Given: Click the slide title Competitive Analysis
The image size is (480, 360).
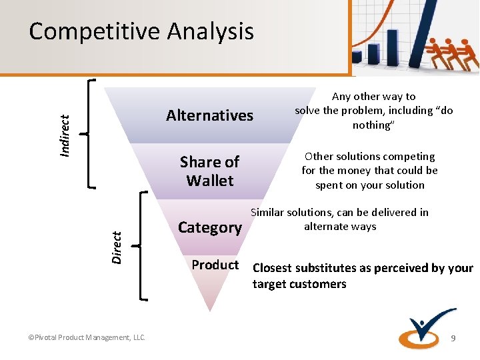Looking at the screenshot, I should pyautogui.click(x=141, y=31).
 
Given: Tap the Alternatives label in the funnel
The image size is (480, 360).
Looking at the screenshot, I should pyautogui.click(x=209, y=115).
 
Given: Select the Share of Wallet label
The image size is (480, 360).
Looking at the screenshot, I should pyautogui.click(x=209, y=171).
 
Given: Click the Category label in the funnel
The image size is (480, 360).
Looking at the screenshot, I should pyautogui.click(x=209, y=227).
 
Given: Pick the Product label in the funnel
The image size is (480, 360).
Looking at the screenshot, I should pyautogui.click(x=215, y=265).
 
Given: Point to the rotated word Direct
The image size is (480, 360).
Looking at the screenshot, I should pyautogui.click(x=117, y=246).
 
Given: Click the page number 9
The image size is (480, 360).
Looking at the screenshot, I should pyautogui.click(x=453, y=339).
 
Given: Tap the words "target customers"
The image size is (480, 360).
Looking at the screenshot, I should pyautogui.click(x=299, y=285).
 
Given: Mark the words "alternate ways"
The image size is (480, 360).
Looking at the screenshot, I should pyautogui.click(x=340, y=227).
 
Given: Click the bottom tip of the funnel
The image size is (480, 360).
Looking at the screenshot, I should pyautogui.click(x=209, y=308).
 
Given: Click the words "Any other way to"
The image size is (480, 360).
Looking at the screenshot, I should pyautogui.click(x=373, y=97).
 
